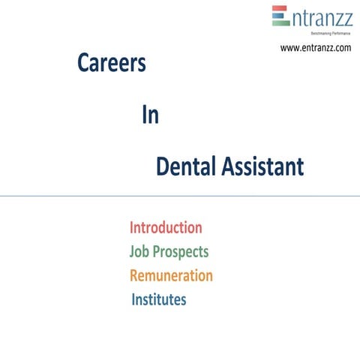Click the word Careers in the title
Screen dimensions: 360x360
[x=111, y=64]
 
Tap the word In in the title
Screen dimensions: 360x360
[x=150, y=116]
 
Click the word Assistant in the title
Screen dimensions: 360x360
[x=262, y=166]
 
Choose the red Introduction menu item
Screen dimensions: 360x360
[x=166, y=227]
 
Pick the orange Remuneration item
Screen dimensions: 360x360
[x=171, y=275]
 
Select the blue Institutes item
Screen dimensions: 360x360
[x=159, y=300]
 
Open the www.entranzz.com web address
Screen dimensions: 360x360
[x=315, y=48]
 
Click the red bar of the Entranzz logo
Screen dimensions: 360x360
[x=280, y=9]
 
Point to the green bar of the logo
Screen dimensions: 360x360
[x=280, y=22]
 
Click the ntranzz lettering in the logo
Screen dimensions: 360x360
[x=321, y=16]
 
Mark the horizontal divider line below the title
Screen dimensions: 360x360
[x=180, y=196]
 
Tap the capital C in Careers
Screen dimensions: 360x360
[x=83, y=64]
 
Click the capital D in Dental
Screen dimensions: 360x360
[x=163, y=166]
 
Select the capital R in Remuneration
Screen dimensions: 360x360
[x=135, y=275]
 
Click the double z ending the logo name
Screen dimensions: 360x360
[x=342, y=16]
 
